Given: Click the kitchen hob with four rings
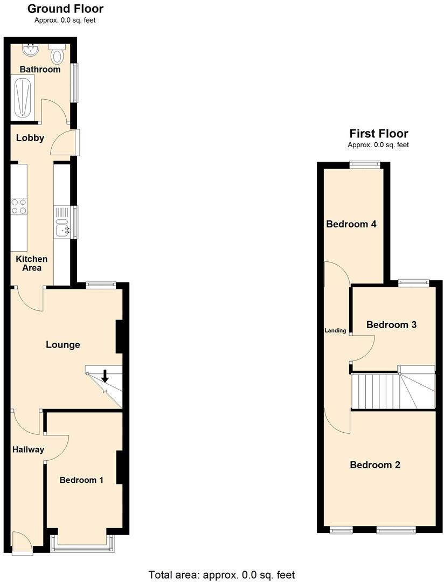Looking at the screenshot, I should pos(19,207).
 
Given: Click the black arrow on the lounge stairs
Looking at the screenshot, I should pos(105,376).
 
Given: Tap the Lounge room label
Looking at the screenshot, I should pos(63,345).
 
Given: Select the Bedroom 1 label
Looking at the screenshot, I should pos(81,480).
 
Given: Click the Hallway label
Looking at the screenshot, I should pos(28,449).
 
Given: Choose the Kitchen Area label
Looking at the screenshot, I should pos(31,264).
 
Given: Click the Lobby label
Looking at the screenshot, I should pos(30,138).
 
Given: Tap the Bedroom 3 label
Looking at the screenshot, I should pos(391,325).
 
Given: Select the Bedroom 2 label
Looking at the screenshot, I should pos(375,465).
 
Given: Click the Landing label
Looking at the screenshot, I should pos(335,330).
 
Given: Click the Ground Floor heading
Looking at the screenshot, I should pos(65,9).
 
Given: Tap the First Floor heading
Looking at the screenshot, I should pos(379,134).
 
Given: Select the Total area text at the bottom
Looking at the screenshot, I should pos(221,575).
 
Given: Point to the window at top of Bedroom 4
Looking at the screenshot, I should pos(365,164).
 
